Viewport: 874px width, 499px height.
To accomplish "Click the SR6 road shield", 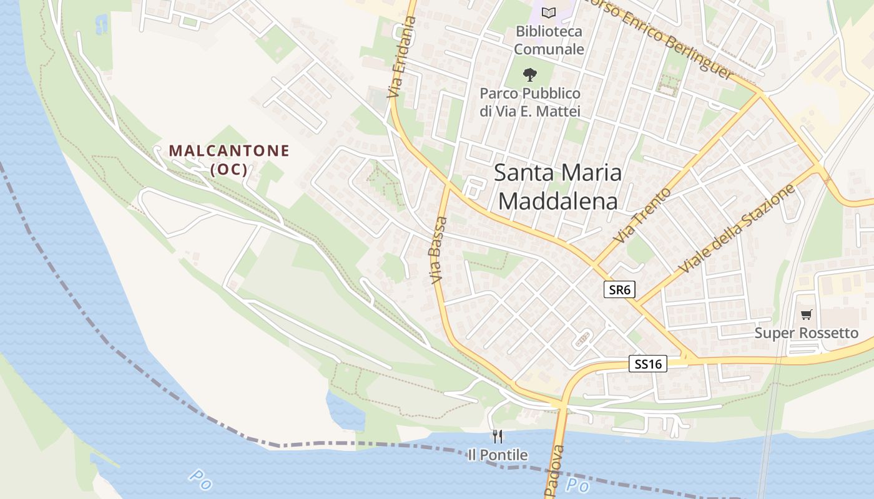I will coord(619,289).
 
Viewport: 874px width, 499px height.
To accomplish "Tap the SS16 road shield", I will coord(647,364).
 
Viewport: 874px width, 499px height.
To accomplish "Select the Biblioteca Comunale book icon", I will coord(548,12).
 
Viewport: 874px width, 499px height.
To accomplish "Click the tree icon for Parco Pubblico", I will coord(529,75).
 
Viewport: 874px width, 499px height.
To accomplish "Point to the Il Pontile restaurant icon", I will coord(498,436).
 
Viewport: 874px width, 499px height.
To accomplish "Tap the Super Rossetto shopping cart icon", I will coord(807,315).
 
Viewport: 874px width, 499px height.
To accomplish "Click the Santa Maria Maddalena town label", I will coord(557,187).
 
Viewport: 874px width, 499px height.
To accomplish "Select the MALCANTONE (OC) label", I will coord(229,159).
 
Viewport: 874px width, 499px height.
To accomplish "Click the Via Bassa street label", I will coord(438,250).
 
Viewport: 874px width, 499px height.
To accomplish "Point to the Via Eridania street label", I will coord(401,58).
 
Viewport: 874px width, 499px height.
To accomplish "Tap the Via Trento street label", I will coord(642,216).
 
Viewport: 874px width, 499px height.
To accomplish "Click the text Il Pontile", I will coord(498,455).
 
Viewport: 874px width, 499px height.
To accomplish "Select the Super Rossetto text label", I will coord(807,333).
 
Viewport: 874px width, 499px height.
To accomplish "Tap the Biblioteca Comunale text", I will coord(549,40).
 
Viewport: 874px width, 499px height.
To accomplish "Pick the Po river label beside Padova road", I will coord(577,485).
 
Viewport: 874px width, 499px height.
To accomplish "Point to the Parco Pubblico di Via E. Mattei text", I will coord(530,102).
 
